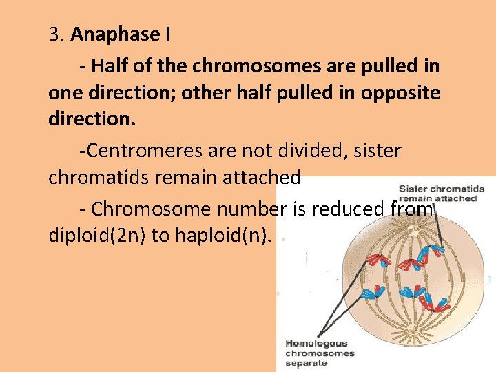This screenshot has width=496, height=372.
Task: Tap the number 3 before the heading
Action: pos(54,34)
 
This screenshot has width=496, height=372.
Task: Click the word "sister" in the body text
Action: pos(375,150)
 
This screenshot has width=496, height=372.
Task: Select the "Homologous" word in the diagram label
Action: pos(317,344)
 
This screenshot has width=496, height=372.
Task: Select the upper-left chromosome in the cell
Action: pos(378,259)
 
